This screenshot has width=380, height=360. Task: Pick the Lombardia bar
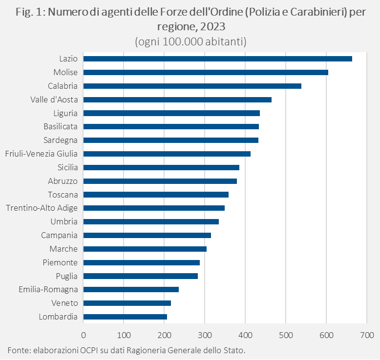[125, 317]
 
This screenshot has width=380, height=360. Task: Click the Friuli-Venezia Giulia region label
[41, 154]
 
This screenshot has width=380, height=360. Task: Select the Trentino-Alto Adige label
[42, 208]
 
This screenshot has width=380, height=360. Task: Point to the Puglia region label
[66, 276]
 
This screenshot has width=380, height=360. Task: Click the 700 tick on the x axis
[366, 335]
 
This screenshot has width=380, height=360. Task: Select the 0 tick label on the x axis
[84, 335]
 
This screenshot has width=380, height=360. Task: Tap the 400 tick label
[245, 335]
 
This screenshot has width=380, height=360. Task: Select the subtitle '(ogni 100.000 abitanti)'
[190, 41]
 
